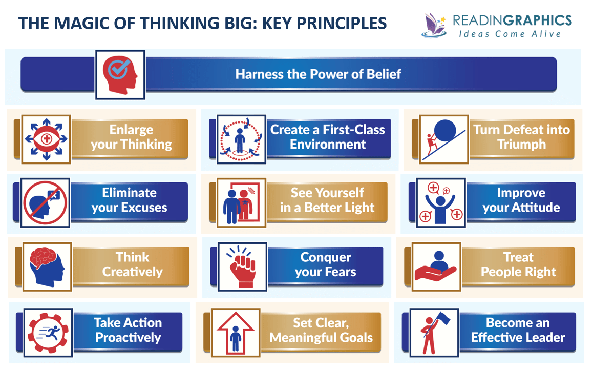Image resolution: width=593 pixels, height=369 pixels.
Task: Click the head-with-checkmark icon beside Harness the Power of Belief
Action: coord(120,74)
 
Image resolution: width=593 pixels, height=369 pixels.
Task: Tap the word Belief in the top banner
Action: coord(384,74)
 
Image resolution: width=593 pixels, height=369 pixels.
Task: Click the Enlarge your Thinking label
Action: coord(131,137)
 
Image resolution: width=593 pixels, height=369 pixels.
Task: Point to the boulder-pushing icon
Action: coord(443,139)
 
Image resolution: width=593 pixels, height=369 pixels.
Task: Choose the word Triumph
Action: coord(521,145)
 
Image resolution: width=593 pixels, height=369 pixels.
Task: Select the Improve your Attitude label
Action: coord(521,200)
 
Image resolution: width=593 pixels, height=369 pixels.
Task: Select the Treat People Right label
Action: coord(518,264)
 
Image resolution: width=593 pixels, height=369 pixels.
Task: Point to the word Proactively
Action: coord(128,338)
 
